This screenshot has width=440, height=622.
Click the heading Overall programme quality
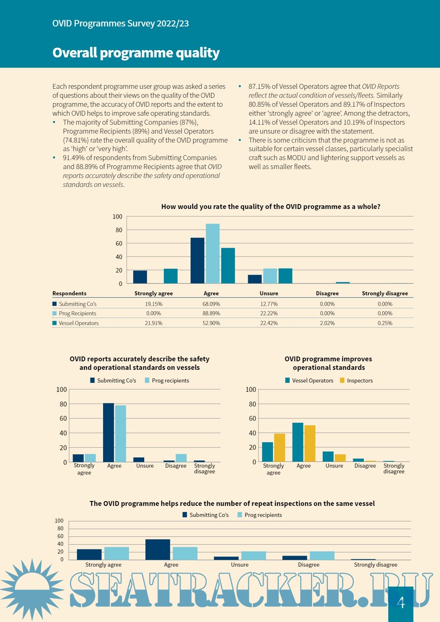(x=136, y=53)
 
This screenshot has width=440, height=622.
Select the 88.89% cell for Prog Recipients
(x=211, y=313)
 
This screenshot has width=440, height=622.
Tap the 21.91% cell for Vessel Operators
(x=154, y=323)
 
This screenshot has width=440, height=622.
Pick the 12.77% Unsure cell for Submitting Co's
(x=269, y=304)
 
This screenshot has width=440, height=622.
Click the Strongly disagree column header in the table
(x=385, y=293)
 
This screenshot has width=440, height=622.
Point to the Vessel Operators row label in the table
(x=79, y=323)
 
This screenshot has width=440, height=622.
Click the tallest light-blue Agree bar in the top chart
(x=213, y=253)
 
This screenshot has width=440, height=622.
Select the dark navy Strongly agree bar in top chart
(x=140, y=277)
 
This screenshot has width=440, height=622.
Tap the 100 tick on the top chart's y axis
(x=117, y=217)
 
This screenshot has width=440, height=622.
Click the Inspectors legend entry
(x=359, y=380)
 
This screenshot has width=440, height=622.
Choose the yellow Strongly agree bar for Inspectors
(x=279, y=447)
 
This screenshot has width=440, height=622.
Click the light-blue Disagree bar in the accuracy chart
(x=181, y=458)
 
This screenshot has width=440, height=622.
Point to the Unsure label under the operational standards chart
(x=334, y=466)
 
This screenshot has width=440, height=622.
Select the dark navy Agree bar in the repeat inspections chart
(x=158, y=549)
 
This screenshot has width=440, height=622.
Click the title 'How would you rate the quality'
(x=271, y=207)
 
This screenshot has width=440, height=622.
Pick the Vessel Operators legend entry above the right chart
(x=312, y=380)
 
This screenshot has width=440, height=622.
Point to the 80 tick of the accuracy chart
(x=63, y=404)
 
